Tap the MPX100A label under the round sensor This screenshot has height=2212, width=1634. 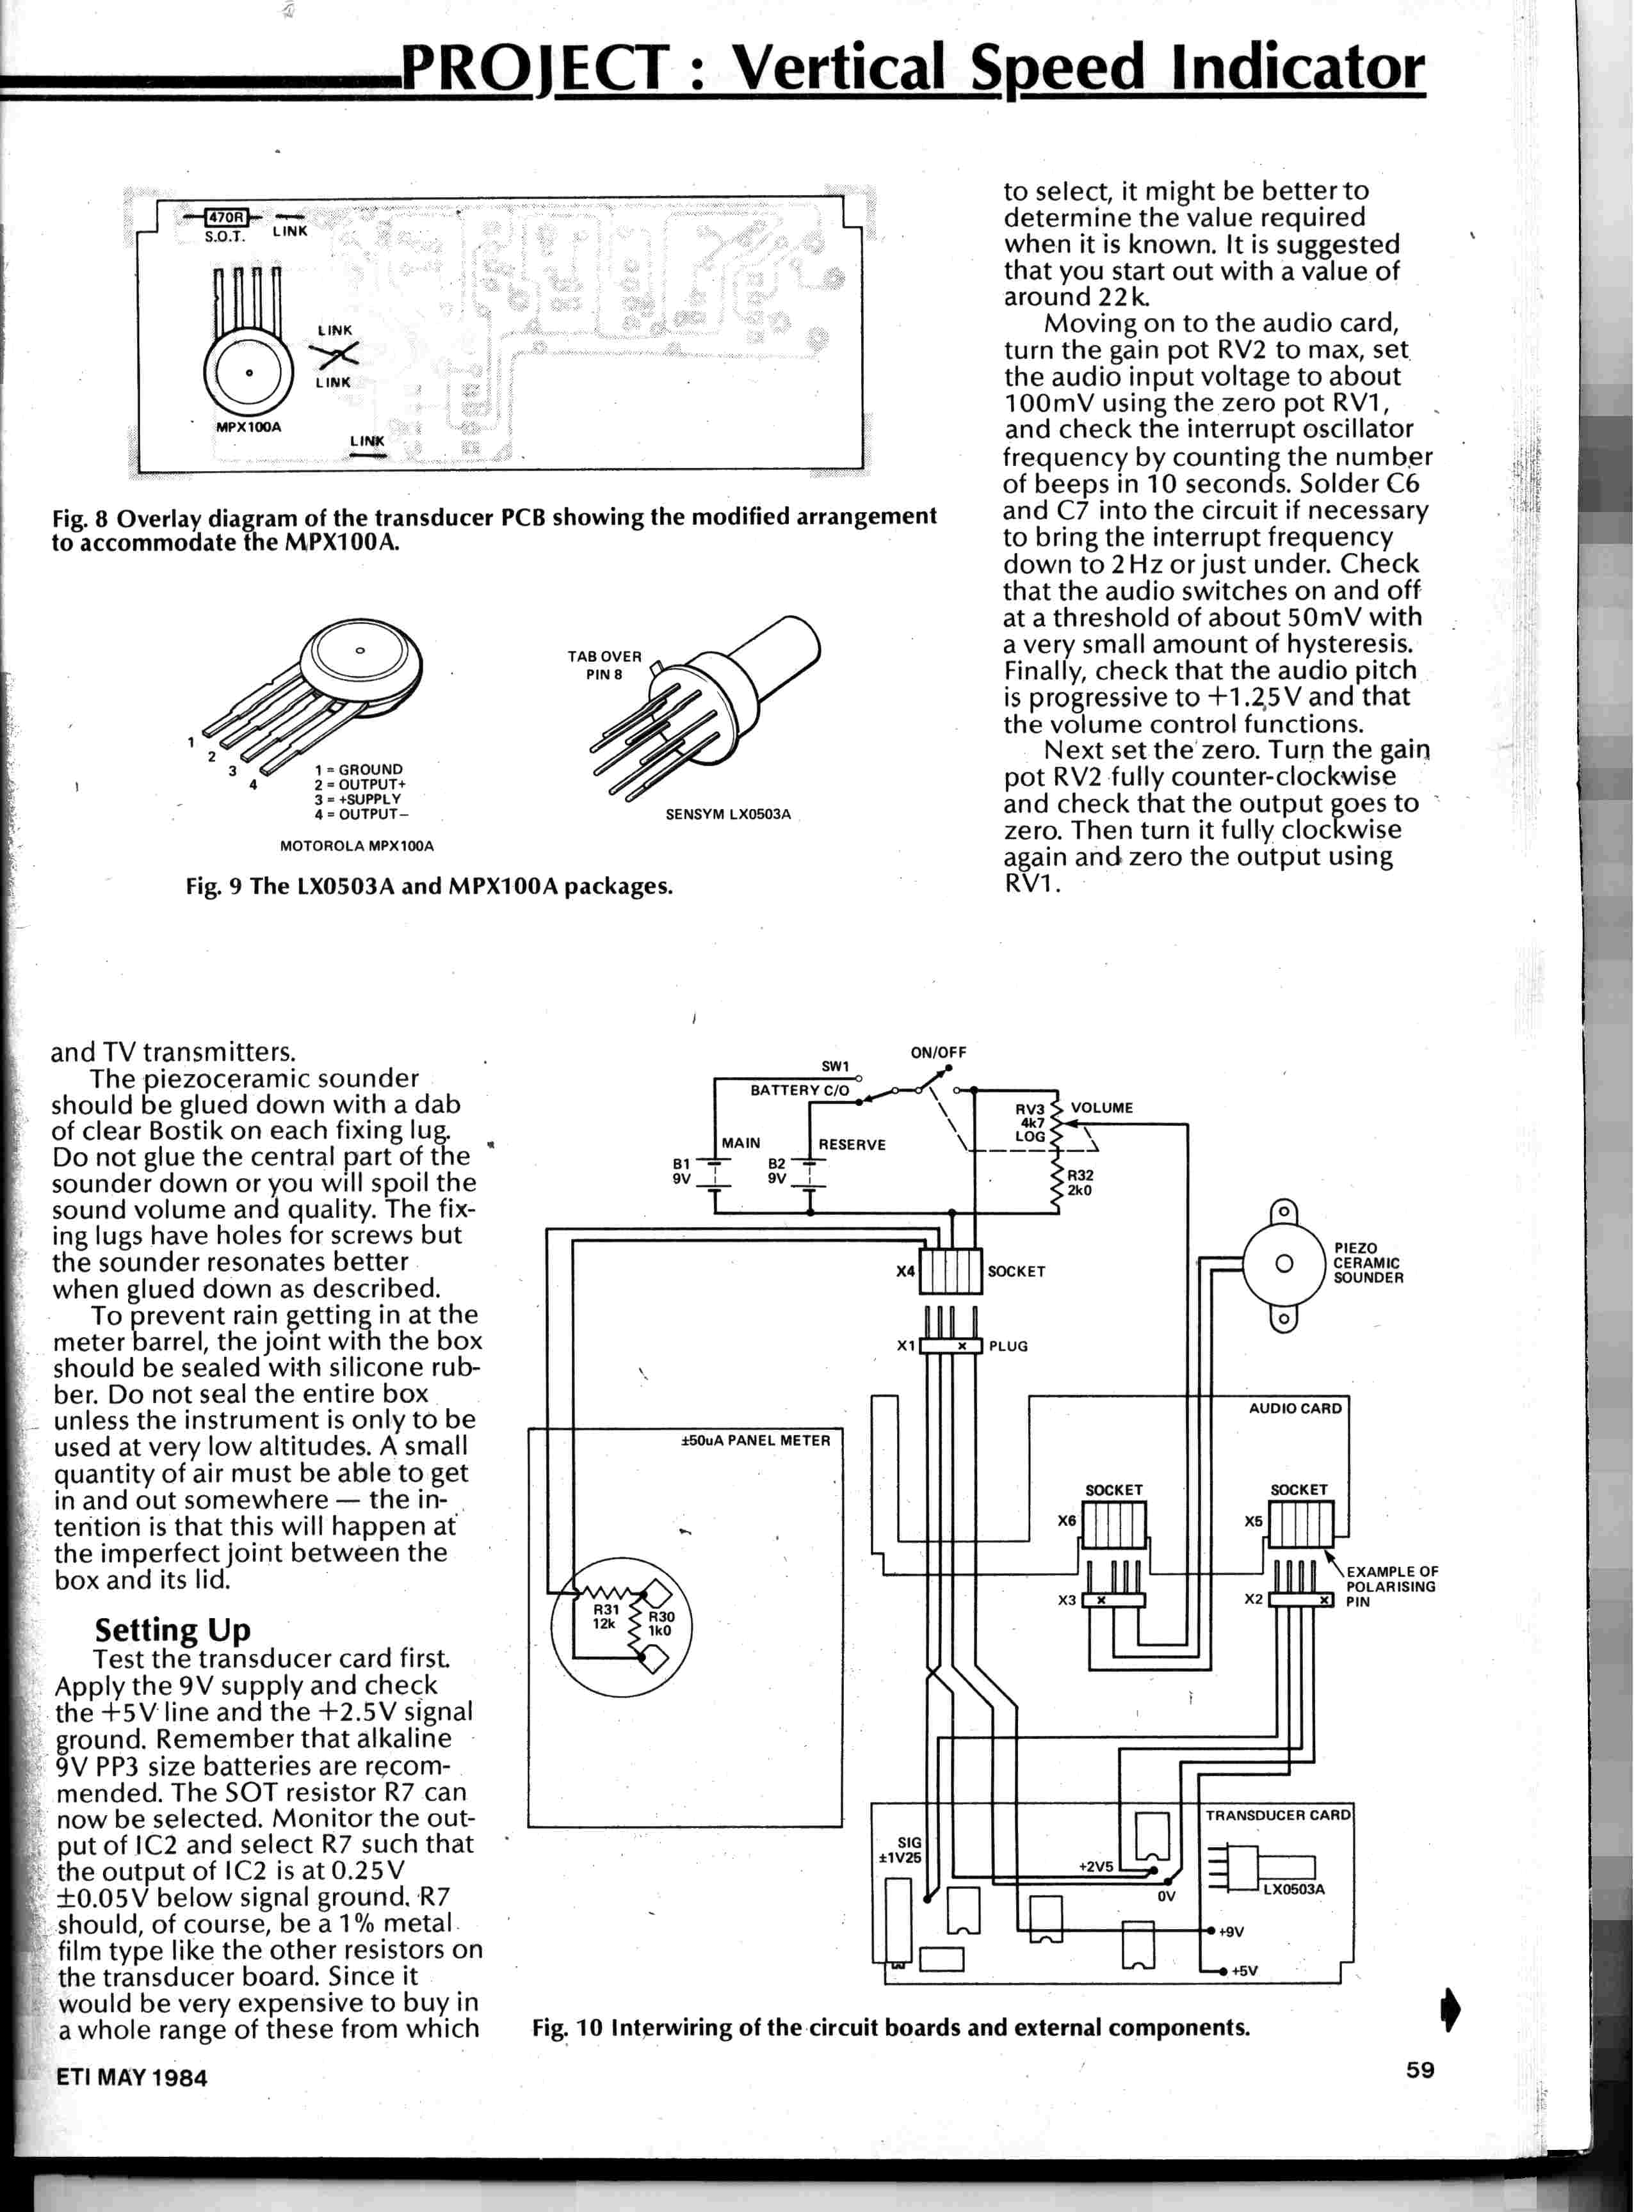point(248,426)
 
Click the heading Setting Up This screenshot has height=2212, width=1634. point(172,1628)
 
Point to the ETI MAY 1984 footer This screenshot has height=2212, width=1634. point(131,2076)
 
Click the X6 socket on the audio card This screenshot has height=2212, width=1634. point(1113,1524)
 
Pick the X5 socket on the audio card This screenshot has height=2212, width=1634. point(1300,1524)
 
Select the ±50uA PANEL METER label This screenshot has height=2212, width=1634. point(756,1441)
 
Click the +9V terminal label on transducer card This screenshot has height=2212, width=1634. point(1231,1931)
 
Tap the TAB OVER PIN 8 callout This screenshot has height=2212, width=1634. point(604,664)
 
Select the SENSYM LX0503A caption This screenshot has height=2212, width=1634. point(728,815)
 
